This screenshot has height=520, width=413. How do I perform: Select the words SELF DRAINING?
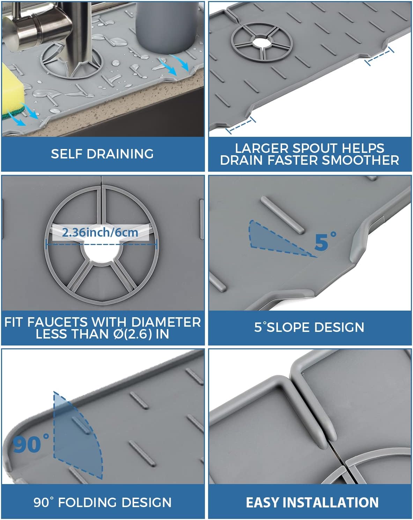(x=102, y=154)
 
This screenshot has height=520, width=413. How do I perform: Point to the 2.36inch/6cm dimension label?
(x=100, y=233)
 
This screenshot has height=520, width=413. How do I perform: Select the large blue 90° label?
(x=31, y=444)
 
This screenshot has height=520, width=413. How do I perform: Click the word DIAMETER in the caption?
(x=166, y=322)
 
